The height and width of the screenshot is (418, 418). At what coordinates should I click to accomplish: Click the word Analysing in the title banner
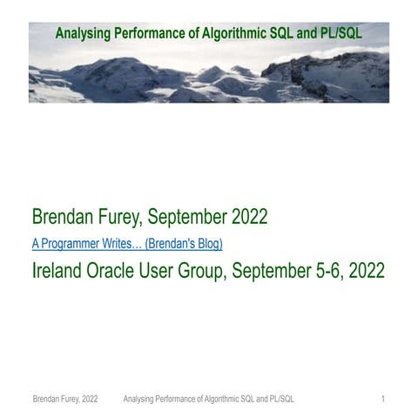[83, 34]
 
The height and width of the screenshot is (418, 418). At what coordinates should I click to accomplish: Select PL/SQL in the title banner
[341, 34]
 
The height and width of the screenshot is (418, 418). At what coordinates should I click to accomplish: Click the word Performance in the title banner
[157, 34]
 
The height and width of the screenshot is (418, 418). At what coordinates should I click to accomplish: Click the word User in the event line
[168, 270]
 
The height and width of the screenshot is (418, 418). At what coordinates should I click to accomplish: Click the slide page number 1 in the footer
[383, 399]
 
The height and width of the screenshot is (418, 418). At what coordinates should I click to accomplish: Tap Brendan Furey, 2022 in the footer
[65, 399]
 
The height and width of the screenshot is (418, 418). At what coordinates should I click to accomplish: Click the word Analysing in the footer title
[140, 399]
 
